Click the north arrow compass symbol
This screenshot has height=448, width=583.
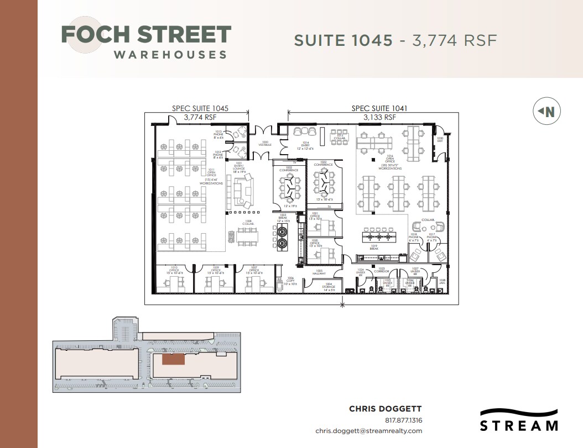point(546,112)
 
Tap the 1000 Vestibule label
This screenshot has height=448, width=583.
point(265,144)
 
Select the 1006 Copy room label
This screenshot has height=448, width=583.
point(291,281)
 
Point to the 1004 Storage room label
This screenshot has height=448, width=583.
point(329,287)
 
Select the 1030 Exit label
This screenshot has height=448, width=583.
point(440,139)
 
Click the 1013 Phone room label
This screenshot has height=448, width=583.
point(218,133)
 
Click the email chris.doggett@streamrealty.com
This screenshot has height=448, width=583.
point(368,431)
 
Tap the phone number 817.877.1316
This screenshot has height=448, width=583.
point(403,420)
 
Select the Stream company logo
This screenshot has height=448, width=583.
point(518,420)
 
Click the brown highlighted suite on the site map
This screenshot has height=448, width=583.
point(173,359)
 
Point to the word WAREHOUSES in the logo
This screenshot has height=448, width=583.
point(170,55)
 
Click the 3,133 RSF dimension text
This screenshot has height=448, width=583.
point(379,117)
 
